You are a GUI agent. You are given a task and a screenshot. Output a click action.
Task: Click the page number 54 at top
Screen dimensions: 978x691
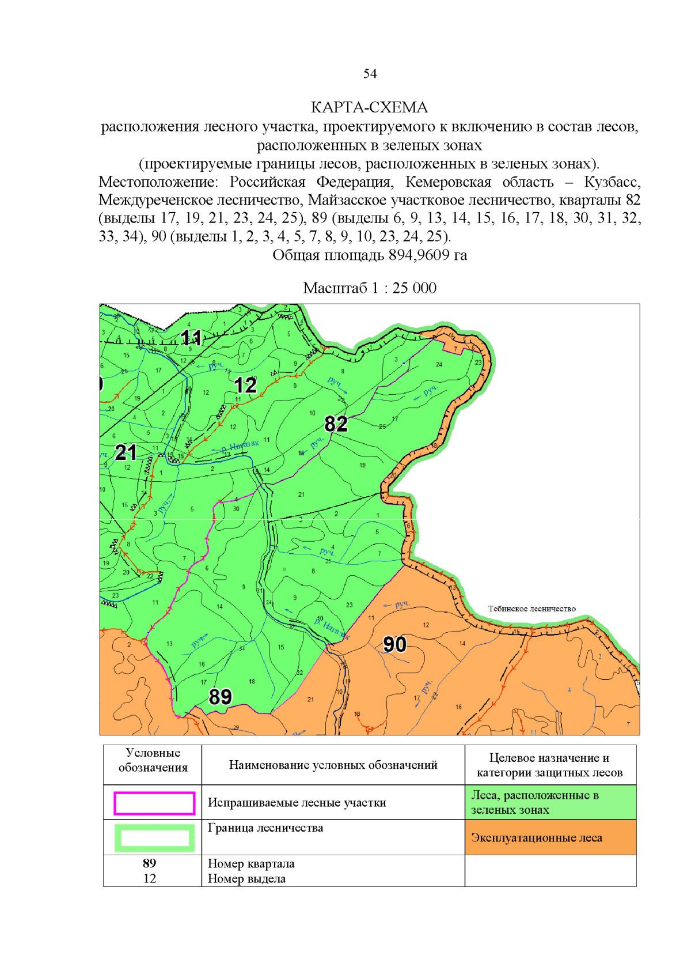[x=370, y=74]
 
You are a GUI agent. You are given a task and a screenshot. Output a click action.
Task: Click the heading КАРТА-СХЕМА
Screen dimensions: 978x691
[x=369, y=107]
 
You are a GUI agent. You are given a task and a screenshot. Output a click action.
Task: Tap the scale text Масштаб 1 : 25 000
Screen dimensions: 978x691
[x=370, y=288]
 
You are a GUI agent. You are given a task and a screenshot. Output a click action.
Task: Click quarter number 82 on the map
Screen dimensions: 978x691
[x=336, y=424]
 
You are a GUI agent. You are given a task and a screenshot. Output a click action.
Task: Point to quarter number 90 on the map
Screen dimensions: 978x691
[x=394, y=644]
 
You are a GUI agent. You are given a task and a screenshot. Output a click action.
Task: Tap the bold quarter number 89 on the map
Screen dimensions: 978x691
[x=220, y=697]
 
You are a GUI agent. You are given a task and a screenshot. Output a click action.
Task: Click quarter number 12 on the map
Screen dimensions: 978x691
[x=245, y=385]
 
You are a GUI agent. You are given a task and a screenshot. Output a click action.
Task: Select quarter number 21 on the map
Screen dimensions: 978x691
[x=126, y=452]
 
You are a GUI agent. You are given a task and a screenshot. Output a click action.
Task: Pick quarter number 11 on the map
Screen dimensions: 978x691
[x=191, y=337]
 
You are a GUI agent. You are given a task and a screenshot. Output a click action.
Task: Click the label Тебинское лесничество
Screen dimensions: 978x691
[x=531, y=609]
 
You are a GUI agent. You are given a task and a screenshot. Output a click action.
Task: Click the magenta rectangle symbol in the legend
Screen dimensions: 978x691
[x=154, y=803]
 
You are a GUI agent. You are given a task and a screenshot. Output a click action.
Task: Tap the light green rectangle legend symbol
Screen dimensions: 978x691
[x=154, y=838]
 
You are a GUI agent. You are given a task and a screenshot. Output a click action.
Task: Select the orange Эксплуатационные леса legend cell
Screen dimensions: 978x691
[x=550, y=837]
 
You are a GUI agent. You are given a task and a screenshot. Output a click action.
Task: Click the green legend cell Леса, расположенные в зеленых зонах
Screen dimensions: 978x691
[x=550, y=802]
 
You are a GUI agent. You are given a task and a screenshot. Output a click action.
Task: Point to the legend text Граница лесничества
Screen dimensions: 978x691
[x=265, y=828]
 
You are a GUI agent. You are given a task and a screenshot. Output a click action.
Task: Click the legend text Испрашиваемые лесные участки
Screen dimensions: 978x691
[x=297, y=802]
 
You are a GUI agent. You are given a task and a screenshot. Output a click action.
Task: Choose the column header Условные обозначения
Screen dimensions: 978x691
[x=153, y=760]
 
